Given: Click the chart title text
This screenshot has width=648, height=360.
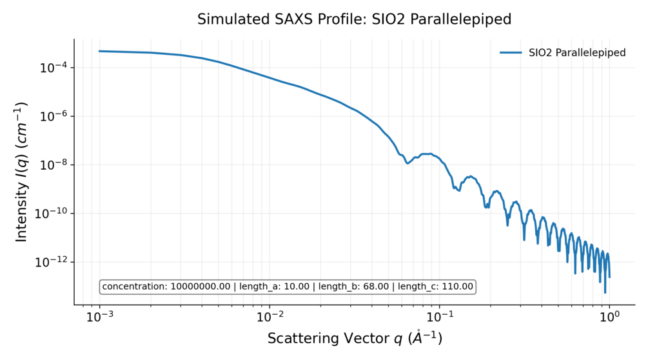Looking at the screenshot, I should point(354,19).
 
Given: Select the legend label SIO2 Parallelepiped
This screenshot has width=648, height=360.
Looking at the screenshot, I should point(577,53).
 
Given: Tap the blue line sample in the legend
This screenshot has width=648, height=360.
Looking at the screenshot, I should point(511,53).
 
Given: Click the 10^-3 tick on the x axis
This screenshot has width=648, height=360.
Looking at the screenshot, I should point(100,317).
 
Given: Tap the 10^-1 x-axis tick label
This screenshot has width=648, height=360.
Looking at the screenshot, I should point(440,317).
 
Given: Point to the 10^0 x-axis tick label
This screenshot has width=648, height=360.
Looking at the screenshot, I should point(609,317).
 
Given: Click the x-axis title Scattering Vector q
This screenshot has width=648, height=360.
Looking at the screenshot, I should point(355,339).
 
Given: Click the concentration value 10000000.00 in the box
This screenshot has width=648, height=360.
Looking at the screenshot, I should point(200,286).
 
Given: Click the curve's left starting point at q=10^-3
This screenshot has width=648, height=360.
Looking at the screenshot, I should point(100,51).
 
